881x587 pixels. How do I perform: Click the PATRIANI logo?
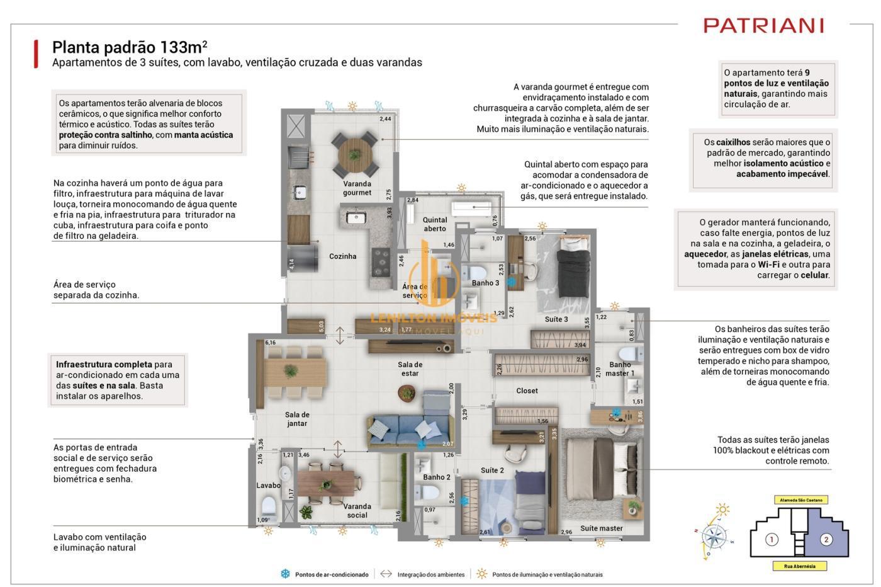pos(763,26)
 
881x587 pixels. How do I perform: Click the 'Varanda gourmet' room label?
pos(357,188)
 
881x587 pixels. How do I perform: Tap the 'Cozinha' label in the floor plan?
pos(342,256)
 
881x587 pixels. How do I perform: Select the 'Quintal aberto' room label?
pos(434,224)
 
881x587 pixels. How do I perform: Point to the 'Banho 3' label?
pos(485,283)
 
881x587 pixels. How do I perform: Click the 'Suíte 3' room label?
pos(556,319)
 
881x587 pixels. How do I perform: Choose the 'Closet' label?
pos(527,390)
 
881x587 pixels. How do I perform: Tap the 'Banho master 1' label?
pos(620,369)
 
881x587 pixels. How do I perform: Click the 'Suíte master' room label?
pos(601,528)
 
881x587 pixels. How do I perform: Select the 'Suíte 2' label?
pos(492,470)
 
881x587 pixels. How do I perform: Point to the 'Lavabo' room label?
pos(268,486)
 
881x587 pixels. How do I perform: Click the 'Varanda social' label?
pos(357,511)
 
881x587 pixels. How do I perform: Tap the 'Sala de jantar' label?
pos(297,419)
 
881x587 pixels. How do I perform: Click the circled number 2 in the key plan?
pos(826,539)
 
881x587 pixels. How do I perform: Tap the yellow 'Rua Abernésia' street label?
pos(799,566)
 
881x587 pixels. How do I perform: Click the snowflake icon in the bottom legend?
pos(285,574)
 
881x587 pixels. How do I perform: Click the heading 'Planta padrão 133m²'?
pos(130,47)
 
